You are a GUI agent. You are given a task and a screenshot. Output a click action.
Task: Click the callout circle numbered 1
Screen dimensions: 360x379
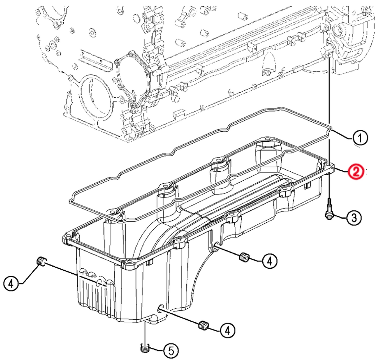pyautogui.click(x=360, y=138)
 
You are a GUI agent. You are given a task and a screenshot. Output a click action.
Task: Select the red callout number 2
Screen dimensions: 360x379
pyautogui.click(x=356, y=172)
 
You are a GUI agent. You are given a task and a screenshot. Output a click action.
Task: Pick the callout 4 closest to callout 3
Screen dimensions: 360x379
pyautogui.click(x=268, y=261)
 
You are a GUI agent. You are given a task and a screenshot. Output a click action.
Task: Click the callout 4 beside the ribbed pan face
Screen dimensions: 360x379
pyautogui.click(x=12, y=283)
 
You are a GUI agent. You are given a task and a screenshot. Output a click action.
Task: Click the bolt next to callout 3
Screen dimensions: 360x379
pyautogui.click(x=329, y=210)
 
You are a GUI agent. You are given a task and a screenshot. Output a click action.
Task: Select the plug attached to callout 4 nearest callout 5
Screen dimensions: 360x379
pyautogui.click(x=202, y=326)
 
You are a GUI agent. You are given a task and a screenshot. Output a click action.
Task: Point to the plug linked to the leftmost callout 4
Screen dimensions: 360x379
pyautogui.click(x=41, y=261)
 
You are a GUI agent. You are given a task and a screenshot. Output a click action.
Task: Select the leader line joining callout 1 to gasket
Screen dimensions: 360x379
pyautogui.click(x=342, y=134)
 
